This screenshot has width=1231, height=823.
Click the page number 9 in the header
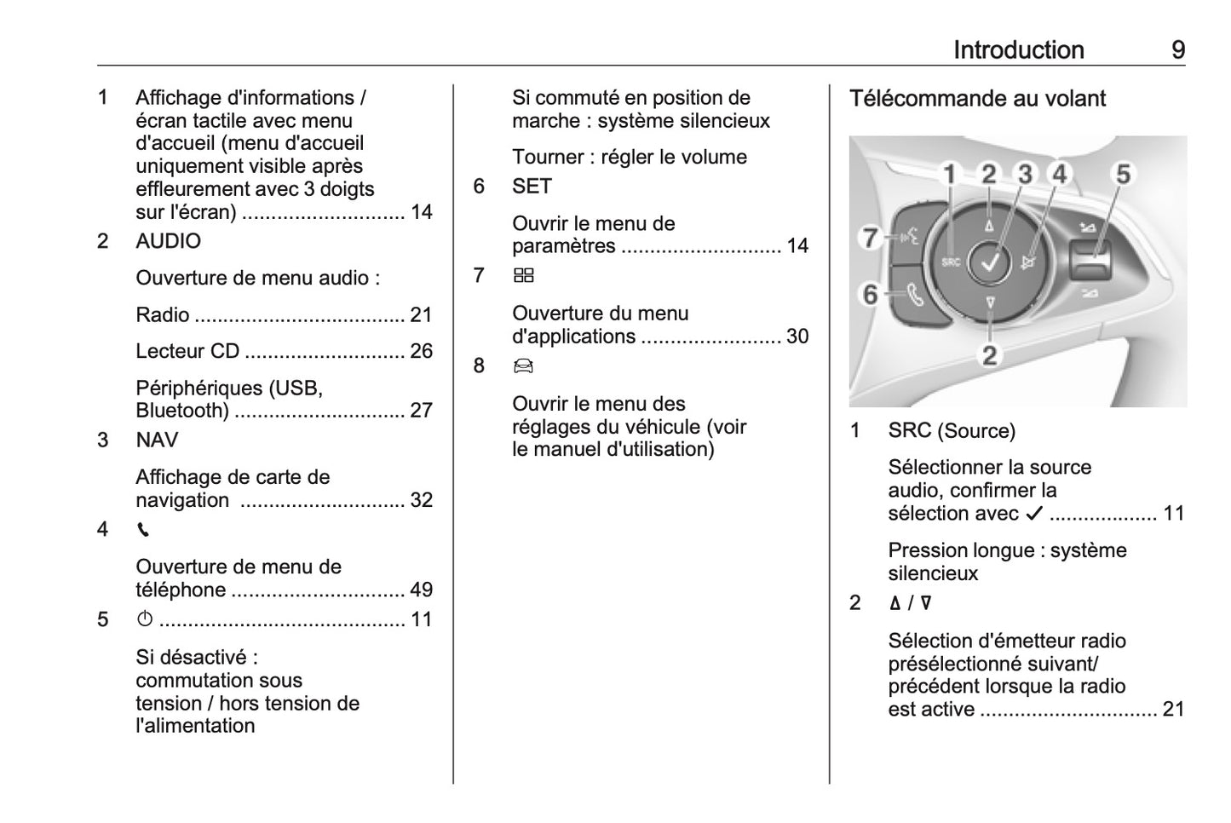point(1177,50)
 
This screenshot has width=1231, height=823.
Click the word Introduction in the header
point(1018,50)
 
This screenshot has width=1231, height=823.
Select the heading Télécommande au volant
point(977,99)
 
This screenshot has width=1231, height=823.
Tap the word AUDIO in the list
point(169,241)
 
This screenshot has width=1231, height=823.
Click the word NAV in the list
point(157,440)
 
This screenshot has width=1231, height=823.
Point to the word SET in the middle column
point(532,187)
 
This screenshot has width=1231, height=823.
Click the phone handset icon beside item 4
point(143,530)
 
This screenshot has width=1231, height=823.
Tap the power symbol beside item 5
point(145,619)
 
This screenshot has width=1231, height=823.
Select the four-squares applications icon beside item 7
point(524,276)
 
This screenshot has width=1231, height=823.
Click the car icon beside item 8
point(523,366)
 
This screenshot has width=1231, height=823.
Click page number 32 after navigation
point(421,500)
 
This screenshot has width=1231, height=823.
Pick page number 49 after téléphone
point(421,590)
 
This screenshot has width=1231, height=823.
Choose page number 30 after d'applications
point(797,337)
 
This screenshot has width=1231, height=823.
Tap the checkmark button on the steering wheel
point(990,263)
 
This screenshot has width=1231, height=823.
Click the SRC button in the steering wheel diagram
point(951,262)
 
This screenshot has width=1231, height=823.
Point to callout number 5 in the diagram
point(1123,175)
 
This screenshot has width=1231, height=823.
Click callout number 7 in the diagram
point(870,237)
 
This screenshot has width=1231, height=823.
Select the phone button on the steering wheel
point(915,296)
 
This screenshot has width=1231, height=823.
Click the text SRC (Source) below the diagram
point(952,431)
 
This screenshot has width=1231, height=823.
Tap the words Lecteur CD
point(187,351)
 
